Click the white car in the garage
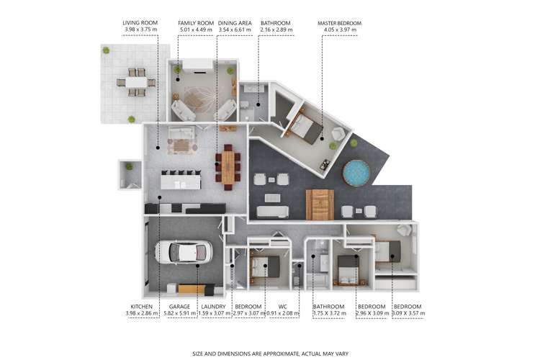(183, 252)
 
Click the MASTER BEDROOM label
(339, 23)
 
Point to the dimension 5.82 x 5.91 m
(180, 313)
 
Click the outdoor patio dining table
(136, 82)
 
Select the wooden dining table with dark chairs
(228, 167)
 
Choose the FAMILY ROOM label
(195, 23)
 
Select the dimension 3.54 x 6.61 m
(234, 30)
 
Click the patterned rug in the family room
(199, 98)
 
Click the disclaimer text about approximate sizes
(269, 354)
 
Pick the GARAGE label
(180, 307)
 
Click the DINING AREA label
(234, 23)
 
